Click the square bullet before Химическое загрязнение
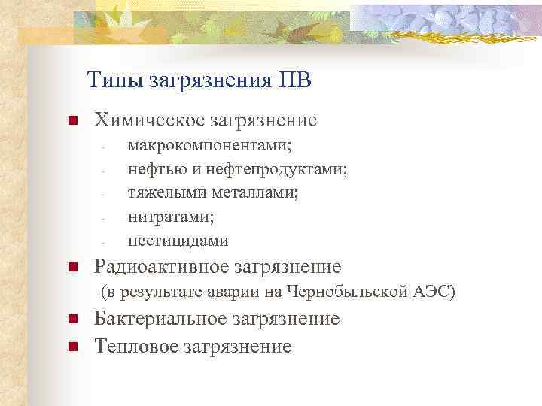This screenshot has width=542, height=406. [72, 120]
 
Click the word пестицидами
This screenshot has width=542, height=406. [178, 241]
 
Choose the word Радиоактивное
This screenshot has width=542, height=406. [161, 267]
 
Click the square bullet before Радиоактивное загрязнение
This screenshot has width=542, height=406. [72, 267]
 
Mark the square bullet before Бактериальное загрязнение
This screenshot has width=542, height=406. [72, 320]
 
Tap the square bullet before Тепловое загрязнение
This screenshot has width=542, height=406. [72, 347]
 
